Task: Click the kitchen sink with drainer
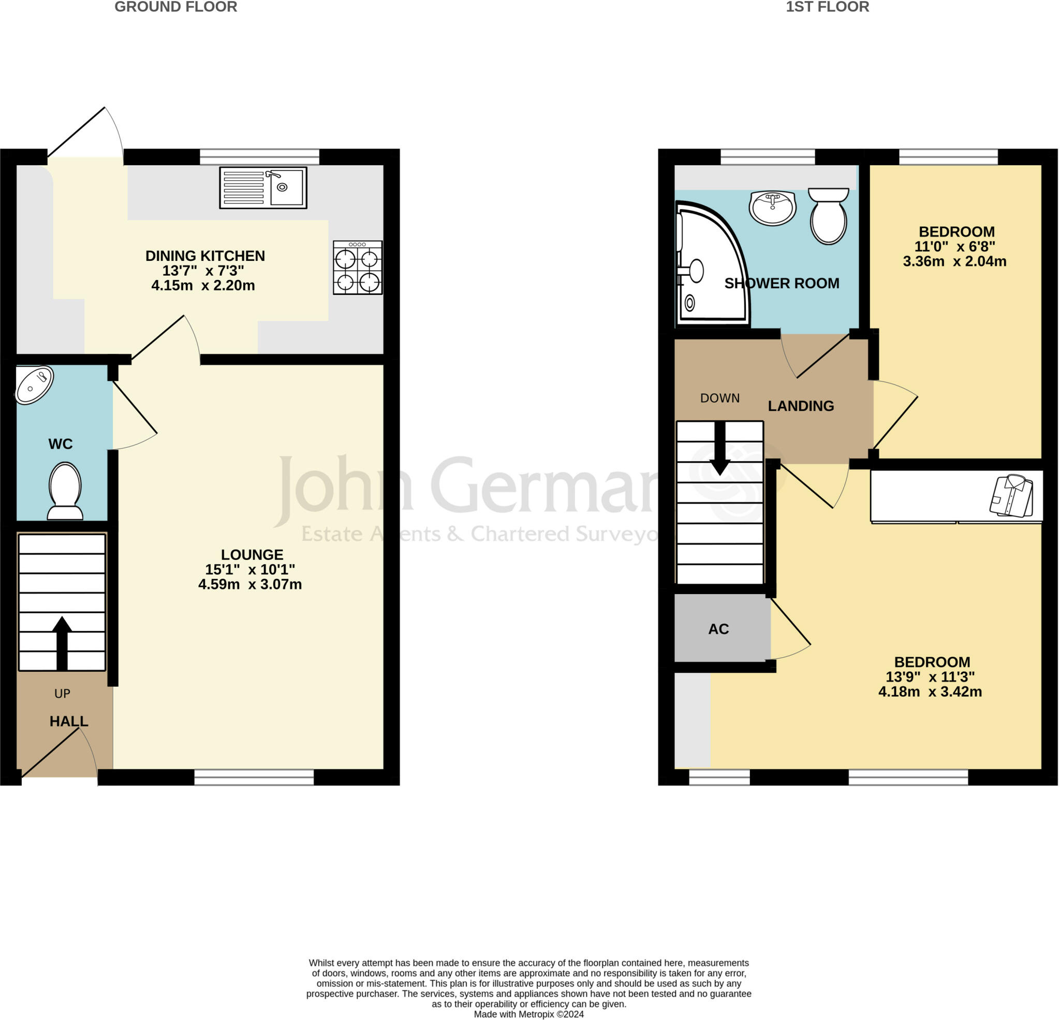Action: coord(263,188)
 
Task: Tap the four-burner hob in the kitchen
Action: coord(358,268)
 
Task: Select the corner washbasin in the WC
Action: coord(34,385)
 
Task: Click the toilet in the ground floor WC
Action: coord(65,491)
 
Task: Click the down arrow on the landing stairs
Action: coord(720,448)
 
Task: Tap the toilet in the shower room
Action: coord(828,216)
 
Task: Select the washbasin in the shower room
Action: coord(773,208)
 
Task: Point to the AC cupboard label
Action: coord(718,629)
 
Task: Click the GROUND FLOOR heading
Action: coord(176,7)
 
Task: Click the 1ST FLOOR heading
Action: coord(827,7)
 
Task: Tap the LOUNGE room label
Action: coord(252,555)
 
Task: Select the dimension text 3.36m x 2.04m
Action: coord(954,262)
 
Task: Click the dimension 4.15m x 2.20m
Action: coord(203,286)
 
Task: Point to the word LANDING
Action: coord(800,406)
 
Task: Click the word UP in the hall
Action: coord(62,694)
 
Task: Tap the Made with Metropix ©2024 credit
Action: coord(528,1015)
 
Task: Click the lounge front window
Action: coord(254,777)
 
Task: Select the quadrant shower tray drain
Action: coord(689,303)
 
